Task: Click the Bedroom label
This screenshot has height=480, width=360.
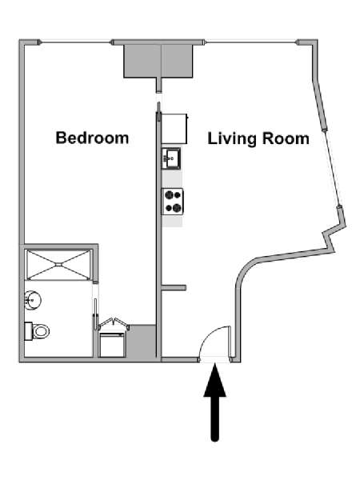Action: pyautogui.click(x=92, y=138)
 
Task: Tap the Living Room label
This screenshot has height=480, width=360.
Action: pyautogui.click(x=258, y=138)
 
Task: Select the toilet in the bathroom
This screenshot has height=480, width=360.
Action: pyautogui.click(x=37, y=331)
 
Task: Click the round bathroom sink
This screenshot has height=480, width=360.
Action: pyautogui.click(x=33, y=300)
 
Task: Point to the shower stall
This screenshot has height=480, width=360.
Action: pyautogui.click(x=58, y=265)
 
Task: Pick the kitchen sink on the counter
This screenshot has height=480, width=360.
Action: pyautogui.click(x=171, y=158)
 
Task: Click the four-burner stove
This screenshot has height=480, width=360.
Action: pyautogui.click(x=173, y=201)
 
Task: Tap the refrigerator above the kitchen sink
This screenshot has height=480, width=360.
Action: pyautogui.click(x=174, y=129)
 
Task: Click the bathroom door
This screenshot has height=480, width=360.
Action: pyautogui.click(x=95, y=314)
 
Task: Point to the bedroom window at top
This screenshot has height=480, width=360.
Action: pyautogui.click(x=76, y=42)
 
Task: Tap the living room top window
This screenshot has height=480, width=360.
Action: pyautogui.click(x=251, y=42)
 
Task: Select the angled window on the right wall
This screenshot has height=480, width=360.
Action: pyautogui.click(x=332, y=167)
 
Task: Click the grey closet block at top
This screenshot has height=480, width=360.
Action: pyautogui.click(x=158, y=62)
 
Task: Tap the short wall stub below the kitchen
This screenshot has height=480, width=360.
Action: pyautogui.click(x=174, y=288)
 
